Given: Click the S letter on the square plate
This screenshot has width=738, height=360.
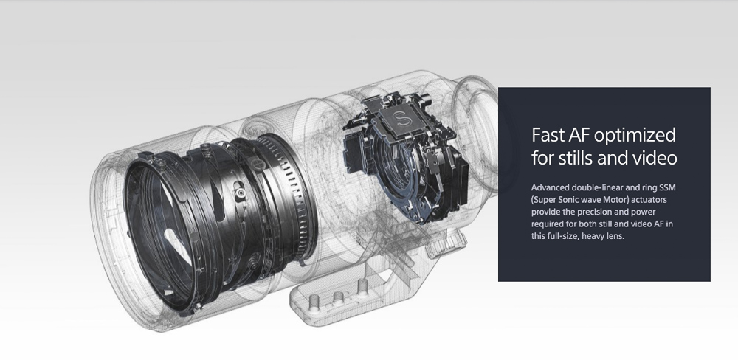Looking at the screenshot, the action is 401,118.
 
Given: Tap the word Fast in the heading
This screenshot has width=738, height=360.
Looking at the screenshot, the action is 548,134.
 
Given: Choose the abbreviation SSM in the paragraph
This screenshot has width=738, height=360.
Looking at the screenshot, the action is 667,188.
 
